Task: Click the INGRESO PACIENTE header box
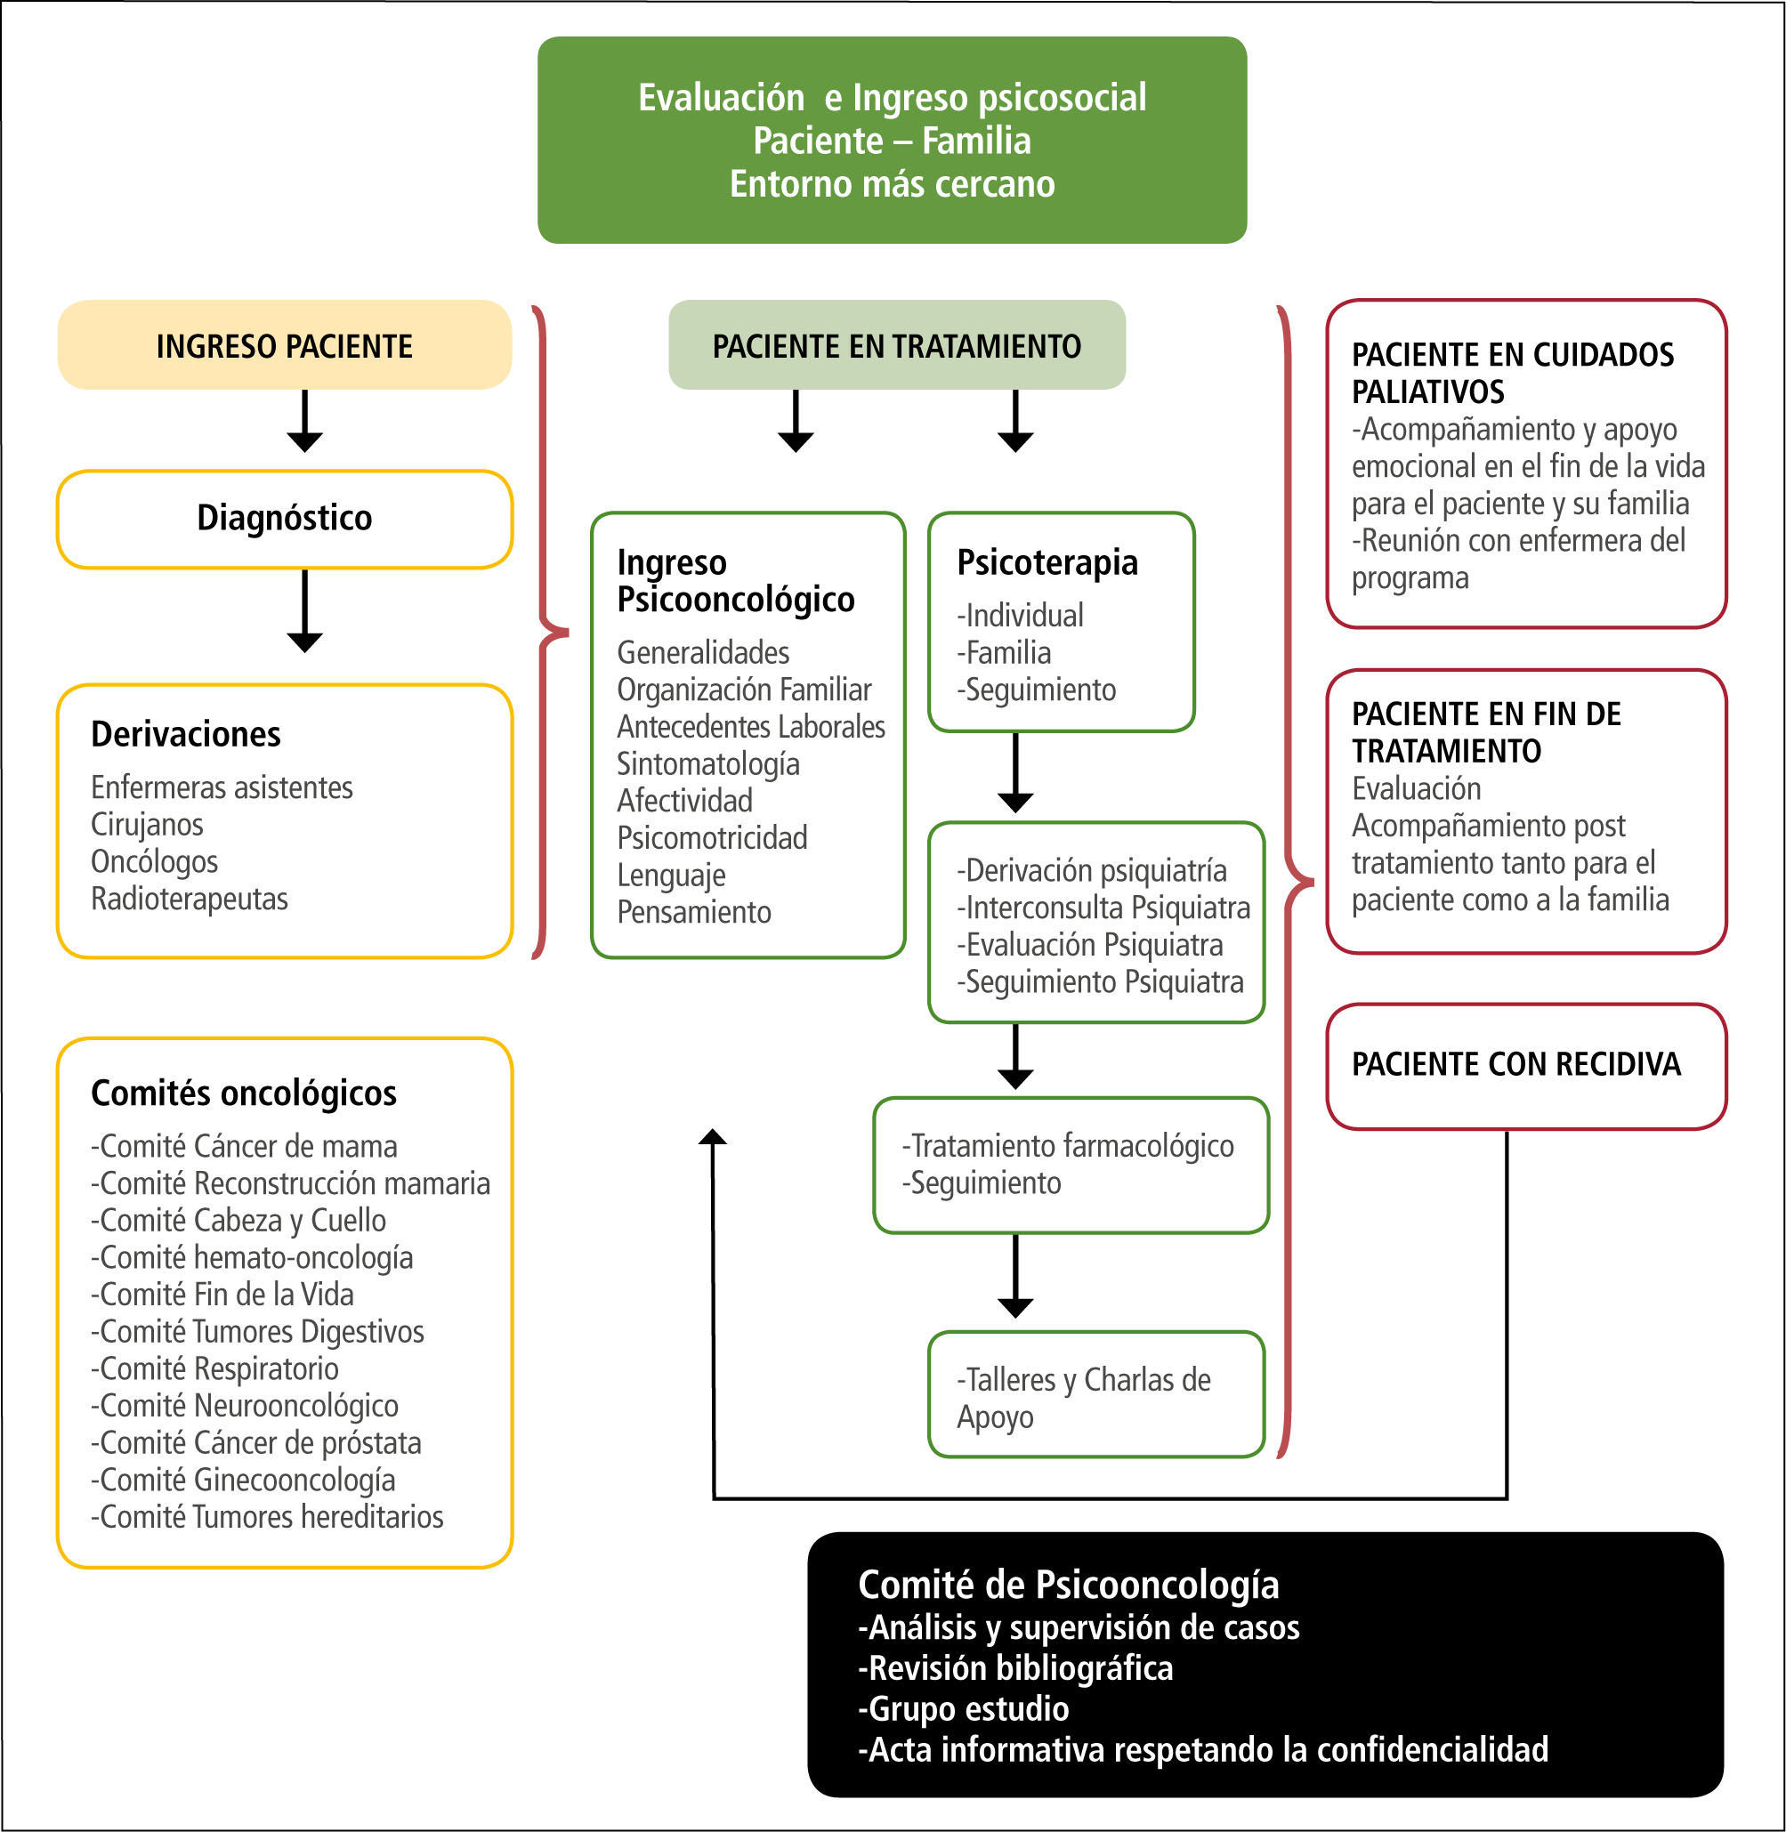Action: (x=284, y=345)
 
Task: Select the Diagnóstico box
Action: (x=284, y=519)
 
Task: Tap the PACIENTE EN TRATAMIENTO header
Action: (x=896, y=345)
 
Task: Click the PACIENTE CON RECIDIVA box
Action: (x=1525, y=1066)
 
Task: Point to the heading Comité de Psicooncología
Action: (x=1068, y=1586)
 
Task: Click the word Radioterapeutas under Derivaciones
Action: (x=190, y=899)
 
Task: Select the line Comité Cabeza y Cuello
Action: (x=239, y=1221)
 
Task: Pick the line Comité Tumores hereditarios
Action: (x=267, y=1517)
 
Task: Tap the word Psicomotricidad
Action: (x=712, y=837)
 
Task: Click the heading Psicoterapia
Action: (x=1047, y=562)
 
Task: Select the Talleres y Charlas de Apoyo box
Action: (x=1095, y=1395)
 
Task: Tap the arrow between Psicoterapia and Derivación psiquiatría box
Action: (x=1015, y=773)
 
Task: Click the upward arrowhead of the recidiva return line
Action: (x=713, y=1138)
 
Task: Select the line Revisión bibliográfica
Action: (x=1016, y=1669)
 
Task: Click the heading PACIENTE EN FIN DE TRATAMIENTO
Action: (x=1486, y=732)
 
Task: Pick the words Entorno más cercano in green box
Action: (x=892, y=184)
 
